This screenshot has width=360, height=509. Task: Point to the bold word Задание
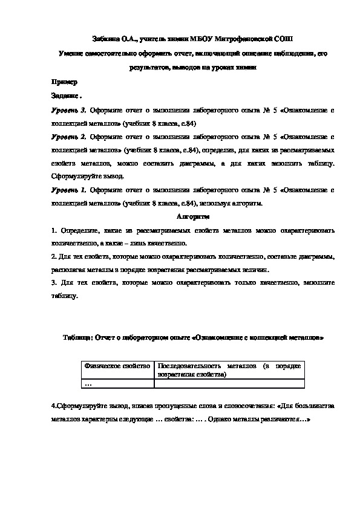point(65,96)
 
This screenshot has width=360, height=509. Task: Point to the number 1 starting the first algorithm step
point(53,230)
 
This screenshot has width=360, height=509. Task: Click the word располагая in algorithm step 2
point(70,270)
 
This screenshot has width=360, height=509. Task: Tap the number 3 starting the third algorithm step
point(53,282)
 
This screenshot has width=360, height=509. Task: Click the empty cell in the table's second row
point(228,383)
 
